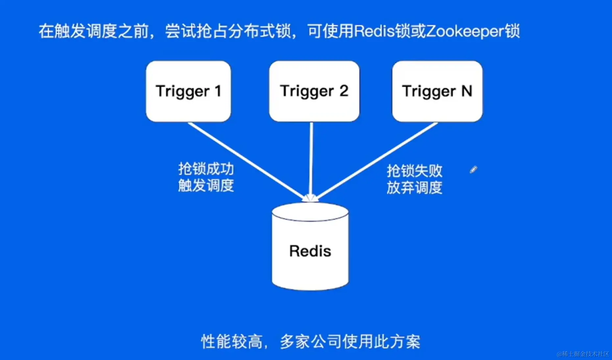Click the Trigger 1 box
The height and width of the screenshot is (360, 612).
pos(188,91)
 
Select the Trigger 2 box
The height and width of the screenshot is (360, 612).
pos(314,91)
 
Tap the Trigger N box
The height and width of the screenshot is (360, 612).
pos(437,91)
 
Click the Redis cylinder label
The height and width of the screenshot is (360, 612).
pos(310,251)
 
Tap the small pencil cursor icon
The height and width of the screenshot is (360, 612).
pos(473,169)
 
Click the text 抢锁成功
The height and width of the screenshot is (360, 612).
pos(206,169)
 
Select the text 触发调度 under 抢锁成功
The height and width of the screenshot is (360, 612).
pos(206,186)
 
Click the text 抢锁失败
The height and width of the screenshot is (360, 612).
pos(414,171)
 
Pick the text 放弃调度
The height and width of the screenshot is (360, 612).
pos(414,188)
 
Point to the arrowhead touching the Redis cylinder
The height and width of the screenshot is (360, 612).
pos(310,198)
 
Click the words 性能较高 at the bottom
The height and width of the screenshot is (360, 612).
pos(231,342)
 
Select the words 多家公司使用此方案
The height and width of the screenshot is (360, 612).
pos(350,342)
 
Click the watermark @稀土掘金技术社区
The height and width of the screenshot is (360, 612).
pos(583,354)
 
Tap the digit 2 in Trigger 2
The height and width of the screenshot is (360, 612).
pos(344,91)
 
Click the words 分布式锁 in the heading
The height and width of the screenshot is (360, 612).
pos(260,31)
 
